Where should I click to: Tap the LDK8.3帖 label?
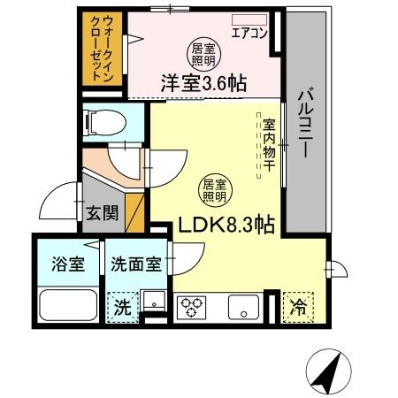tap(226, 226)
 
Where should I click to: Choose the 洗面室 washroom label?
tap(134, 264)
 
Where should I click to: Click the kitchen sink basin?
tap(241, 307)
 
